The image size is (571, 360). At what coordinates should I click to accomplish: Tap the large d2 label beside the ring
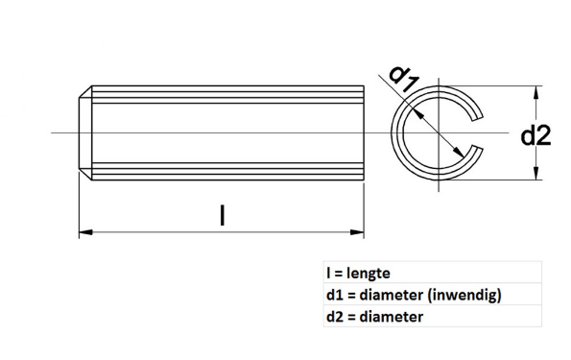coord(535,135)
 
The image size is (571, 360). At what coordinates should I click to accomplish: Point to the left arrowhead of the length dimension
coord(83,231)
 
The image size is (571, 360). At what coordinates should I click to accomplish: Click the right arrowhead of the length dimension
coord(360,231)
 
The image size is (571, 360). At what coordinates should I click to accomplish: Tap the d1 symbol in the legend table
coord(334,295)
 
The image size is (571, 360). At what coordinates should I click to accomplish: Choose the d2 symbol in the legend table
coord(334,316)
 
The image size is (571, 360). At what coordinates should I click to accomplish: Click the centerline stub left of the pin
coord(63,132)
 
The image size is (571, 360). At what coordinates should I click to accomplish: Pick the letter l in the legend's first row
coord(328,274)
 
